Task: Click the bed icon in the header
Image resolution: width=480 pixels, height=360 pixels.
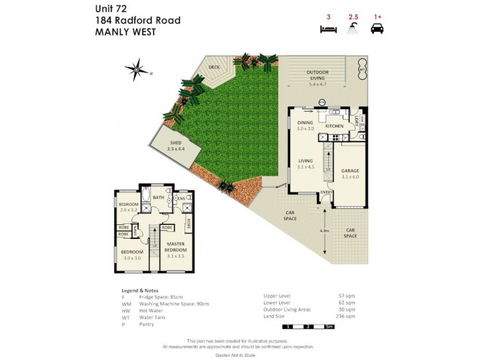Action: [x=328, y=28]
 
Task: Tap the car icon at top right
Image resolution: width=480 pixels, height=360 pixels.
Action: [x=377, y=28]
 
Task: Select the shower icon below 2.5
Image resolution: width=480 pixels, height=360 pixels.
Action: [x=354, y=28]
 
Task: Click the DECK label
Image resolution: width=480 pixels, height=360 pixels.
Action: [x=214, y=68]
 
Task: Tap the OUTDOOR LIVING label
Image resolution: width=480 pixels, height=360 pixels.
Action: [x=316, y=75]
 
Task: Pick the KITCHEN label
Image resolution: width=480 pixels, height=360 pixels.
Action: [x=334, y=126]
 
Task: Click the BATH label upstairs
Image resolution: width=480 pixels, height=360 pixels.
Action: [x=158, y=197]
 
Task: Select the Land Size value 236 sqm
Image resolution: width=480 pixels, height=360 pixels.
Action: [x=346, y=316]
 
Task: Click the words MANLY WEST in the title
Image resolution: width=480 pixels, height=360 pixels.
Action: [x=125, y=32]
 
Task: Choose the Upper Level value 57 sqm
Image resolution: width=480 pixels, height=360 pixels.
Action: [x=347, y=296]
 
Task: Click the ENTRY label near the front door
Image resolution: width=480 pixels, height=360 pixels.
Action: [x=325, y=193]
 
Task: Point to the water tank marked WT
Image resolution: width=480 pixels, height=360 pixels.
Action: [x=362, y=70]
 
